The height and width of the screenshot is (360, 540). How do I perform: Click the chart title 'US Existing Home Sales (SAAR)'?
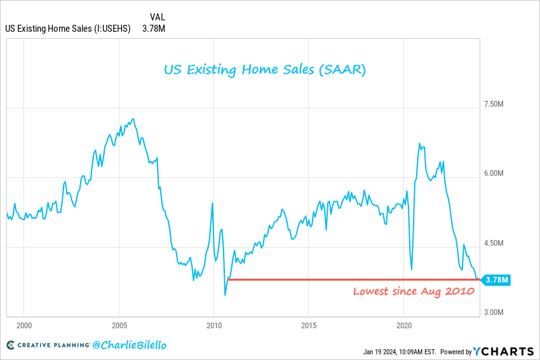pos(265,69)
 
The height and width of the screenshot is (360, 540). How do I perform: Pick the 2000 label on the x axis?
pos(24,325)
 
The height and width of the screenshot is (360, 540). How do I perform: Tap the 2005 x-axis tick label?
pos(119,325)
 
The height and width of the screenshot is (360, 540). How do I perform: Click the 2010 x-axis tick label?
pos(213,325)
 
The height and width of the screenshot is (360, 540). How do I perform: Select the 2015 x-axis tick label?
pos(309,325)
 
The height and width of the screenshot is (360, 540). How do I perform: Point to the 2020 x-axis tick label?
pos(404,325)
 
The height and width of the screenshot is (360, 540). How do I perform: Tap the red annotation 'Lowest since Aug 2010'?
pos(414,291)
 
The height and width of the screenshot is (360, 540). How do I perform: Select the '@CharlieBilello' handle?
pos(129,346)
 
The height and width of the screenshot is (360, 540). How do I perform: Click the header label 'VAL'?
pos(158,16)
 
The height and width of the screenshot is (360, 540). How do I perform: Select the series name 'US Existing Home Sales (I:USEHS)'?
pos(68,29)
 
